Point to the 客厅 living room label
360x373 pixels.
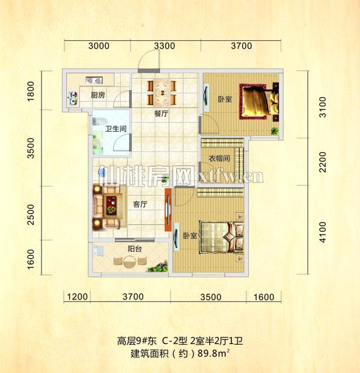(x=140, y=205)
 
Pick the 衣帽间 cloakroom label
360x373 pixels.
(x=219, y=158)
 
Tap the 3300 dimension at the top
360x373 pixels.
(x=164, y=46)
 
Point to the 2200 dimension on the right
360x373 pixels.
(x=322, y=161)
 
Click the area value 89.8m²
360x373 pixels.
(x=215, y=354)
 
